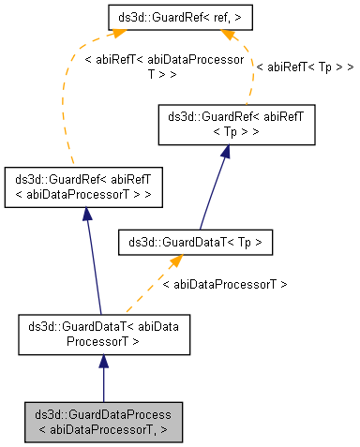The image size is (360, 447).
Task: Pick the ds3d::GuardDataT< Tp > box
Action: pyautogui.click(x=195, y=243)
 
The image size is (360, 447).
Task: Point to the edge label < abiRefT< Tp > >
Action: pyautogui.click(x=304, y=67)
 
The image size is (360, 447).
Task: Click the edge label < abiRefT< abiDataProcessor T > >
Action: pyautogui.click(x=164, y=67)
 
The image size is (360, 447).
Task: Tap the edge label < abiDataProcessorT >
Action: pyautogui.click(x=225, y=283)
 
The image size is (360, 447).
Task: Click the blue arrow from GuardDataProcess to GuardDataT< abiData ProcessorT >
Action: pyautogui.click(x=103, y=380)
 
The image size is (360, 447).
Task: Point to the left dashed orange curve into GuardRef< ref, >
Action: pyautogui.click(x=66, y=94)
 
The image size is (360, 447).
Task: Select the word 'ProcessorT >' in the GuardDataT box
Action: pyautogui.click(x=103, y=342)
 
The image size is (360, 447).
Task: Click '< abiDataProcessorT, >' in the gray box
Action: pyautogui.click(x=103, y=430)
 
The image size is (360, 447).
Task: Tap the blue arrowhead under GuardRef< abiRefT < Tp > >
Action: pyautogui.click(x=225, y=153)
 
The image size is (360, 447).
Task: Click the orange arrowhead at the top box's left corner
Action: pyautogui.click(x=118, y=35)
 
